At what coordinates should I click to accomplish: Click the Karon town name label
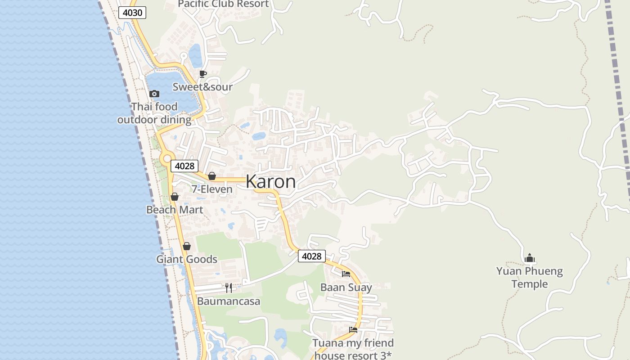(x=270, y=182)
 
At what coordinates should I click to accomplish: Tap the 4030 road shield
(x=132, y=13)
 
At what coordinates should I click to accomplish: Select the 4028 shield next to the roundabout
(x=184, y=166)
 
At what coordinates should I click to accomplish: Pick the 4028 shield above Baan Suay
(x=311, y=256)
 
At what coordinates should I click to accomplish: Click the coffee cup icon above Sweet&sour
(x=203, y=74)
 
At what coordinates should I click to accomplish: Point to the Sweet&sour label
(x=202, y=87)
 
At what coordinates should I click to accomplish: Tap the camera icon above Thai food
(x=154, y=94)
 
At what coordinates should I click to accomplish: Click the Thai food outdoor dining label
(x=154, y=113)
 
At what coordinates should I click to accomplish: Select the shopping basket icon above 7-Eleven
(x=211, y=176)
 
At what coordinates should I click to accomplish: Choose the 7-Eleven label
(x=212, y=189)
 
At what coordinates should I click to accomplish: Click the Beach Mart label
(x=175, y=210)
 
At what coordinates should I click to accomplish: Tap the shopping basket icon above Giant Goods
(x=187, y=246)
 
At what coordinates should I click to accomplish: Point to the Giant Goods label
(x=187, y=259)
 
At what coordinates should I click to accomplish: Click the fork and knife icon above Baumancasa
(x=229, y=288)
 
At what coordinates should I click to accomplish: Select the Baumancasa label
(x=229, y=301)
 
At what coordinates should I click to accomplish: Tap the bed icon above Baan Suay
(x=346, y=274)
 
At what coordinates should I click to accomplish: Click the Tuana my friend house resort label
(x=353, y=349)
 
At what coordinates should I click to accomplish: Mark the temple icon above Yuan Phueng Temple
(x=530, y=258)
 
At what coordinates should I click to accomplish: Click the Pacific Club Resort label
(x=223, y=4)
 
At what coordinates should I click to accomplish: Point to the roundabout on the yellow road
(x=167, y=158)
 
